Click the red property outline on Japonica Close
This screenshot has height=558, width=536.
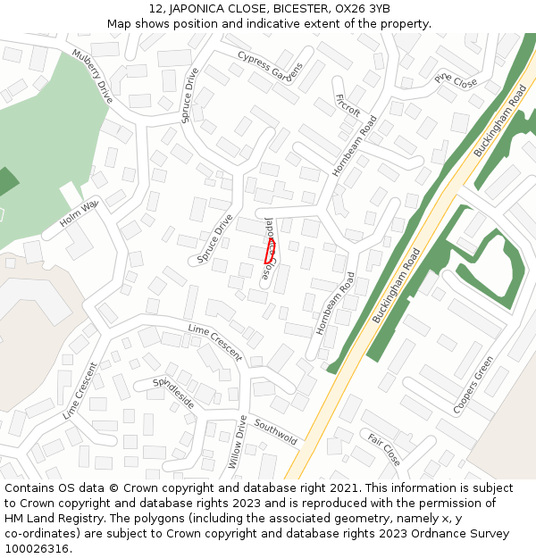click(270, 250)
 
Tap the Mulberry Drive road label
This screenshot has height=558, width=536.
click(93, 76)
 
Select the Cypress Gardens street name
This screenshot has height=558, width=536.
click(270, 65)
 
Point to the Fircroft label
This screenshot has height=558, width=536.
click(347, 104)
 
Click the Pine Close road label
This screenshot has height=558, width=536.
click(456, 81)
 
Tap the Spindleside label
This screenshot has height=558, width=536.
click(173, 393)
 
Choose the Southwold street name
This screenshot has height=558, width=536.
click(275, 431)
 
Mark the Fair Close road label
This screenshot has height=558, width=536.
click(384, 449)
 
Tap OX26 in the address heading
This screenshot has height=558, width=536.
click(352, 9)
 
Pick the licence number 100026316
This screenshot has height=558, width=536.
click(38, 549)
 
